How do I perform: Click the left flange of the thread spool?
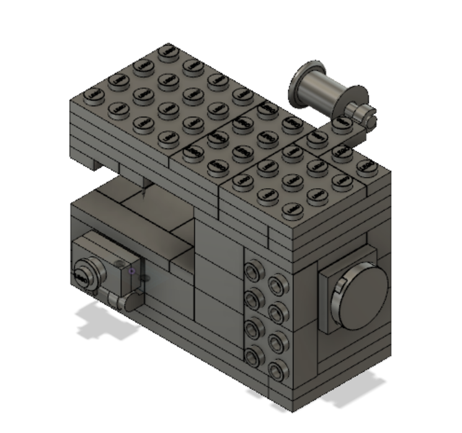303,84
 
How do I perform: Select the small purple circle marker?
131,271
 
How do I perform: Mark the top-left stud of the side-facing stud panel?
252,270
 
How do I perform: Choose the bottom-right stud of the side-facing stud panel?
276,371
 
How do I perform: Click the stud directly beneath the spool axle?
339,125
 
